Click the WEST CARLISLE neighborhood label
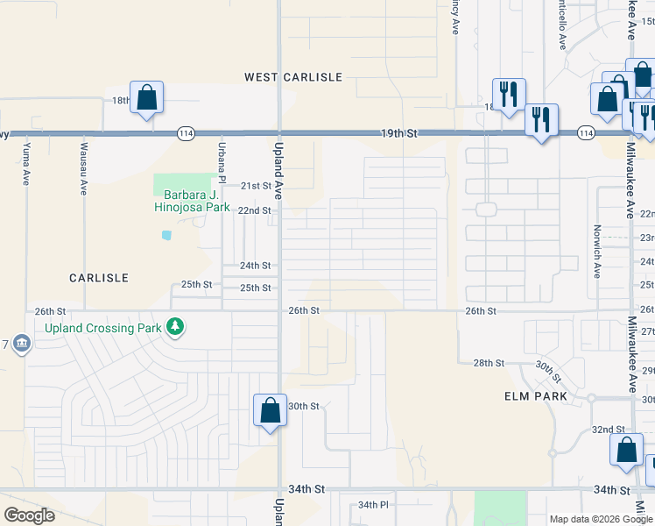292,77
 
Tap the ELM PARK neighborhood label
536,396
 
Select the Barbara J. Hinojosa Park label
192,201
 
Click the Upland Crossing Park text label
103,328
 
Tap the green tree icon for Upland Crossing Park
176,327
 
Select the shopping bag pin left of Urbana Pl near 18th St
146,98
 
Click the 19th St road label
399,133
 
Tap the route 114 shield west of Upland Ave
185,133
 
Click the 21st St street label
256,187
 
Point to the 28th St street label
489,363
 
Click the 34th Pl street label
373,505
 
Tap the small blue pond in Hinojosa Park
166,235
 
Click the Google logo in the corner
29,515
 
